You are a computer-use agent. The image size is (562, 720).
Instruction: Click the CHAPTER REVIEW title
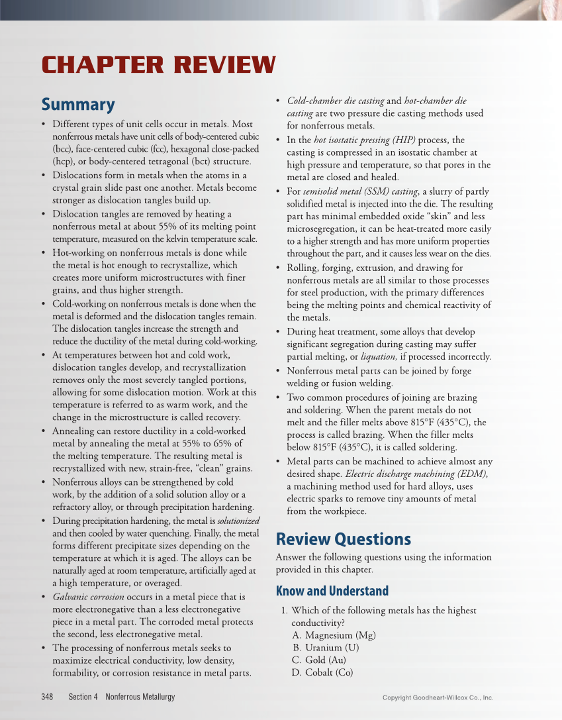(158, 65)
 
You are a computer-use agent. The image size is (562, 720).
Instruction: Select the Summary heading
(77, 105)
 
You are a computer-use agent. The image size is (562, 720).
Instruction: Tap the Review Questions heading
(343, 539)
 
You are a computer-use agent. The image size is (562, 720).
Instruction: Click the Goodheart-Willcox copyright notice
(438, 697)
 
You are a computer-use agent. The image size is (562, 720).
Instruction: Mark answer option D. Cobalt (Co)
(322, 672)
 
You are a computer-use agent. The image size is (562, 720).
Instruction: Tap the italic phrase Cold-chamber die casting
(335, 101)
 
